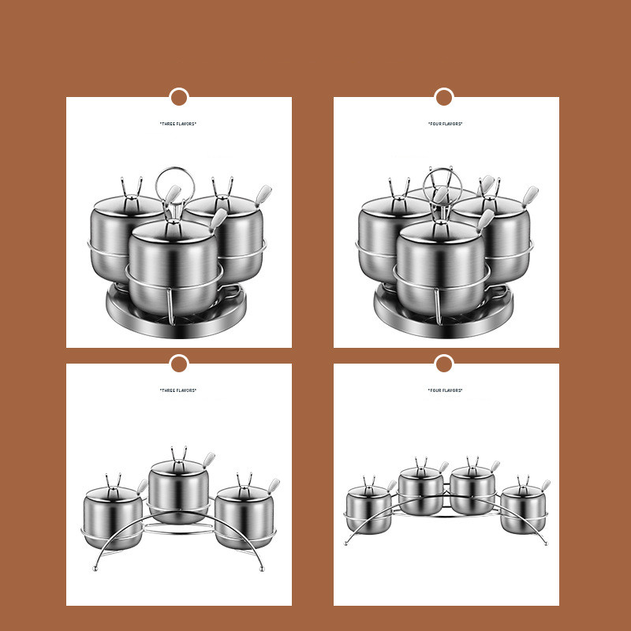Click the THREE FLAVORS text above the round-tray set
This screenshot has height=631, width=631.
[x=178, y=124]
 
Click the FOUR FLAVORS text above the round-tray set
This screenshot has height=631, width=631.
[x=445, y=124]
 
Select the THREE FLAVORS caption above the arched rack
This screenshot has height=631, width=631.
[x=178, y=390]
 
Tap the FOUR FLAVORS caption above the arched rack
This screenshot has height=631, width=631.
[x=445, y=390]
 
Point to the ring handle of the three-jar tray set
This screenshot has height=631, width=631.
[x=156, y=181]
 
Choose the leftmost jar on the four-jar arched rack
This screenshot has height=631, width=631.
[x=368, y=509]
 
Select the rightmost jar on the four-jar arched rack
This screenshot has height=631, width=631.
[x=523, y=509]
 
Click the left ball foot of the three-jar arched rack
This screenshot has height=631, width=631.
[x=95, y=569]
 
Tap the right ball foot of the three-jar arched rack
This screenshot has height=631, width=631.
[x=262, y=569]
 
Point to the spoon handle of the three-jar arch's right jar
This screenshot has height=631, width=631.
[x=274, y=486]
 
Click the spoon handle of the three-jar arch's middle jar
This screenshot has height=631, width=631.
[x=208, y=460]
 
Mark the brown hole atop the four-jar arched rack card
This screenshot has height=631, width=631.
[x=444, y=364]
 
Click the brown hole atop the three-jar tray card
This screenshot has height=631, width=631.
[x=179, y=97]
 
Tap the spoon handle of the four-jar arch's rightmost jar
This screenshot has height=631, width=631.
[x=545, y=485]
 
